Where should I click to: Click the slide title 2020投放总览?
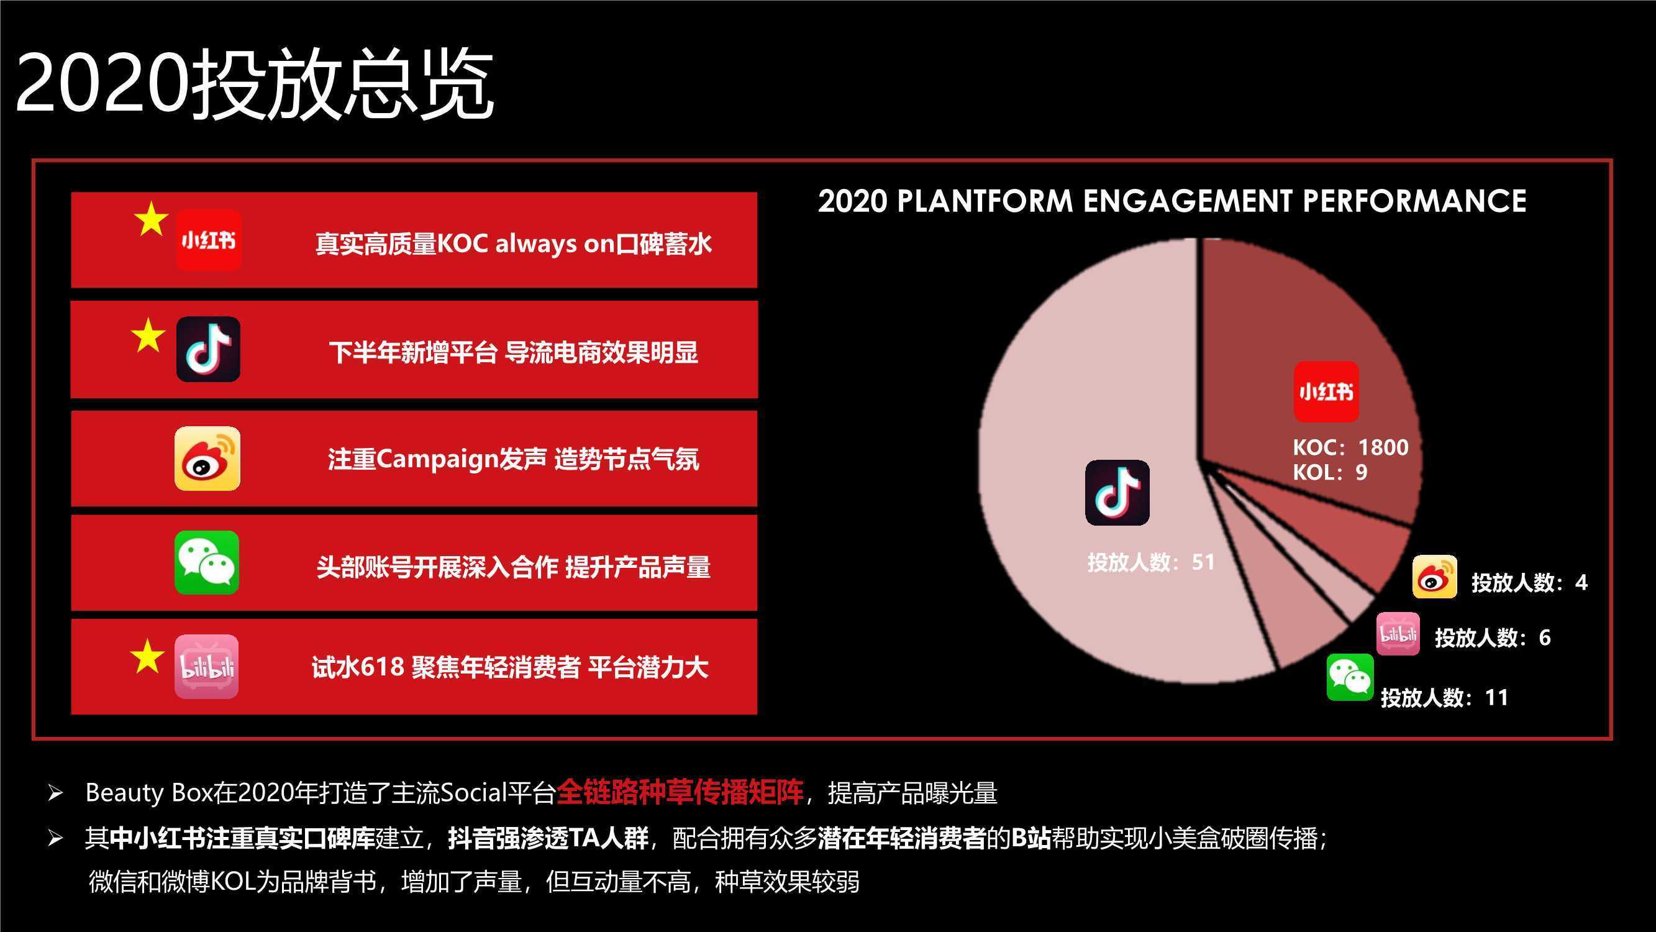(255, 84)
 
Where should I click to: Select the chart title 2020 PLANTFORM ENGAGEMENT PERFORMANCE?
(1172, 201)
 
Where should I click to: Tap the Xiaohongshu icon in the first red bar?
(209, 240)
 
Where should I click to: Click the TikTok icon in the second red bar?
(208, 349)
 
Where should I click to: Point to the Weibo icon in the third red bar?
(207, 459)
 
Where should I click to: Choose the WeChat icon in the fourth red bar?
(207, 562)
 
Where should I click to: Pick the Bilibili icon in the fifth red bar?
(207, 666)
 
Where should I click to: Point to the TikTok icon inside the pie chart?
(1117, 492)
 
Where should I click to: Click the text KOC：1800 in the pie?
(1350, 447)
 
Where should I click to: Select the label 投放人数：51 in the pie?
(1151, 562)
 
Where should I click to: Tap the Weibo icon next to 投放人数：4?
(1435, 577)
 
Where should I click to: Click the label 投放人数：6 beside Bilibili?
(1493, 637)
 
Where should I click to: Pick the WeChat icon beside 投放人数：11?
(1350, 677)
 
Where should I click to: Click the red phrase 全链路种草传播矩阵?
(680, 792)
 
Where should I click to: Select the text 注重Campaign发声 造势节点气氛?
(513, 459)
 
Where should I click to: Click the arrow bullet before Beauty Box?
(55, 793)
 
